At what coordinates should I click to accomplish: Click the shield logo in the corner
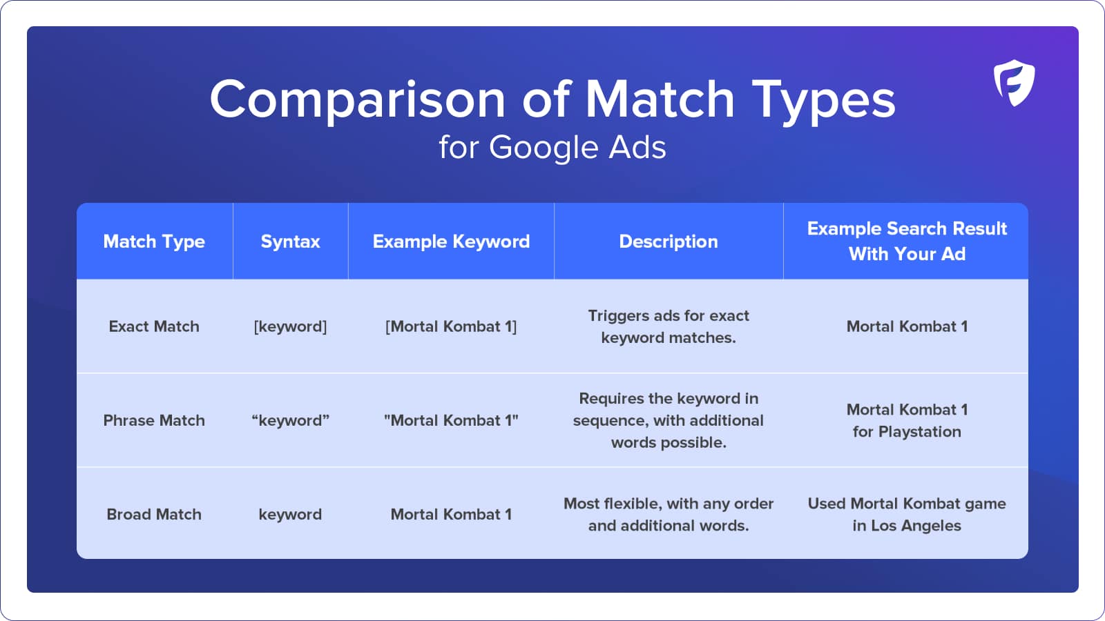click(x=1015, y=83)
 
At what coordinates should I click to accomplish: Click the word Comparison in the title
click(x=358, y=100)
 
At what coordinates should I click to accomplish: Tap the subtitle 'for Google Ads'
click(x=552, y=147)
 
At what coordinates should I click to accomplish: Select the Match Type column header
click(x=154, y=241)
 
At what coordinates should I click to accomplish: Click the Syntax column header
click(x=290, y=241)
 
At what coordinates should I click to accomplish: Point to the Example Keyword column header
click(x=451, y=241)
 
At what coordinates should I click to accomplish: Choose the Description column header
click(x=669, y=241)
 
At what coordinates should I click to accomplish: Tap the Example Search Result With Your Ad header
click(x=907, y=241)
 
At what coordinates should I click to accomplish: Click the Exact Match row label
click(x=154, y=326)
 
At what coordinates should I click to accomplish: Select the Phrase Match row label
click(x=154, y=420)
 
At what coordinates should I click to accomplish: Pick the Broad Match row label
click(x=154, y=514)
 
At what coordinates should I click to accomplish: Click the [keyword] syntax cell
click(x=290, y=327)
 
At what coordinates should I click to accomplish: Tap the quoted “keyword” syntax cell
click(x=290, y=421)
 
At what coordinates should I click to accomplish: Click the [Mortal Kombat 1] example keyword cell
click(x=451, y=327)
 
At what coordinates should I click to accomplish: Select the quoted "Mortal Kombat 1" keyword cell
click(x=451, y=420)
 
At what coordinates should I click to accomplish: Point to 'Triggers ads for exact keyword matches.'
click(x=669, y=326)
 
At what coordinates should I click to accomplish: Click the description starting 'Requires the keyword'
click(x=669, y=420)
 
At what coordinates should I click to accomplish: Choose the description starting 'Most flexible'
click(x=669, y=515)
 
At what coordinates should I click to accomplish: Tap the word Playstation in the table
click(x=919, y=432)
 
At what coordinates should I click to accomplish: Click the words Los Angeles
click(x=916, y=526)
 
